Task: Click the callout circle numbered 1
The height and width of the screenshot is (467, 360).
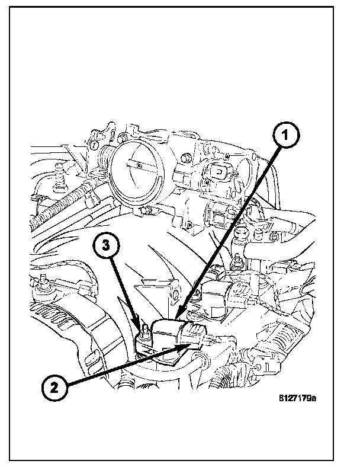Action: point(286,136)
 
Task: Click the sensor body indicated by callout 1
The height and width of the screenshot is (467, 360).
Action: point(169,332)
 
